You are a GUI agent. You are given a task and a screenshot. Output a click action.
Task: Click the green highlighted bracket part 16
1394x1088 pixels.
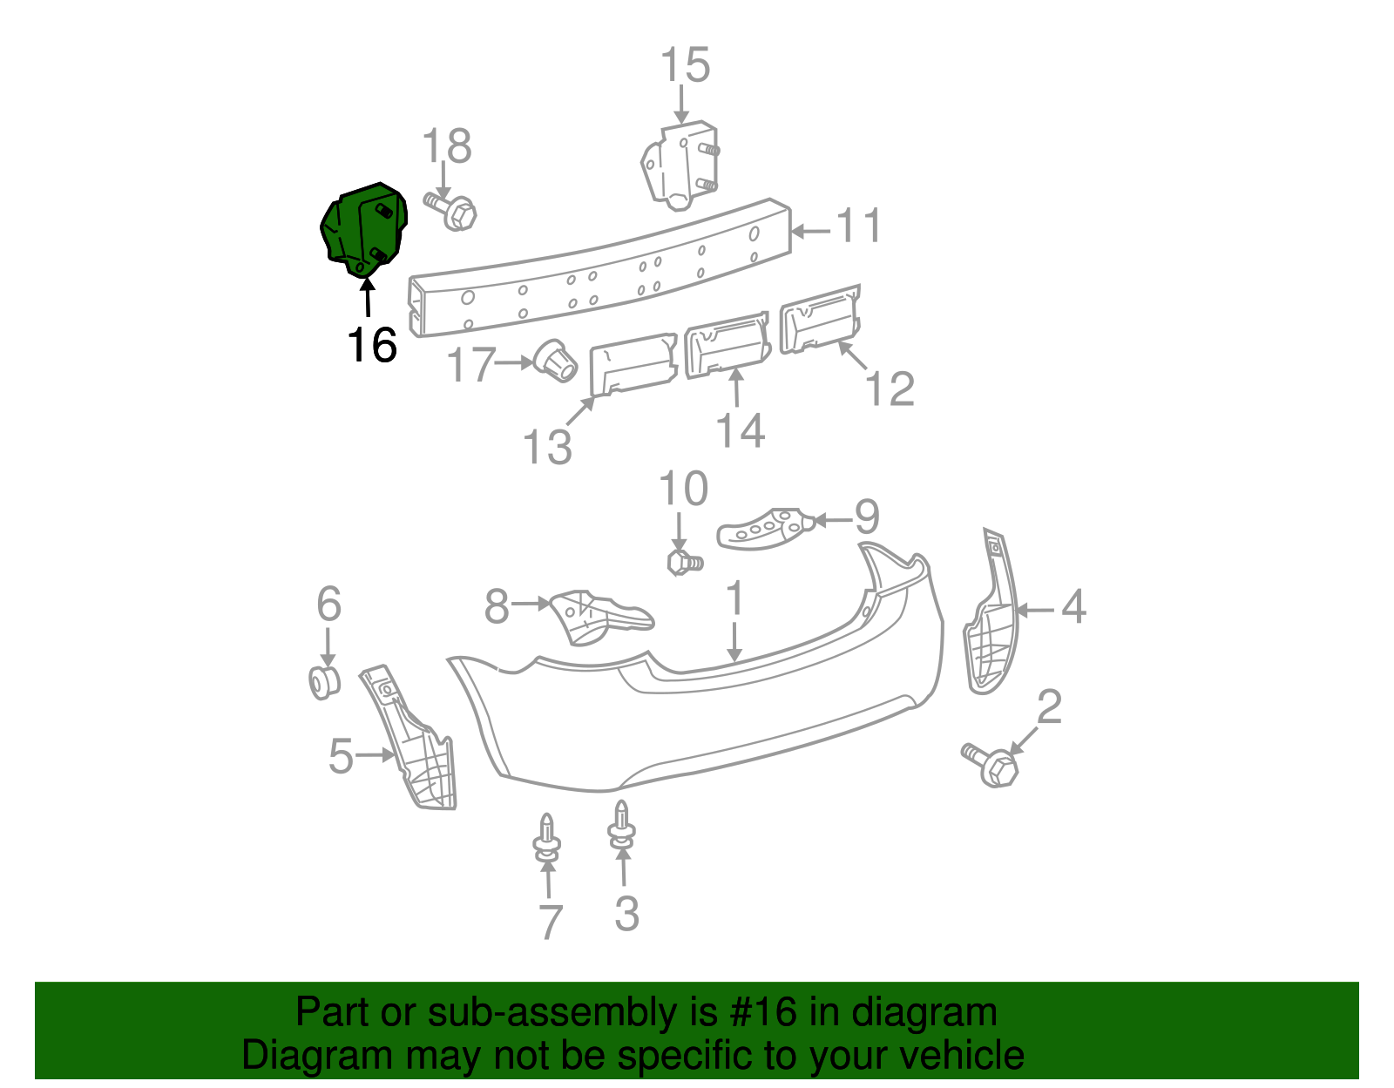[364, 231]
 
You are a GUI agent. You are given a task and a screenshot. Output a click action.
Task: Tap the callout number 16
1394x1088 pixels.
[372, 346]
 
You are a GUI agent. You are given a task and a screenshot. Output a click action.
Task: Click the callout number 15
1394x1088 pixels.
[685, 66]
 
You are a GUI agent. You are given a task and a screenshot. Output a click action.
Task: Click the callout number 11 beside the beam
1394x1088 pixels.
[859, 226]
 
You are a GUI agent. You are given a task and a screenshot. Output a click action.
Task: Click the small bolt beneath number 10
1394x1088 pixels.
[684, 563]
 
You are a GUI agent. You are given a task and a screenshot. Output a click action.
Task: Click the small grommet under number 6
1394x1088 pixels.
[324, 682]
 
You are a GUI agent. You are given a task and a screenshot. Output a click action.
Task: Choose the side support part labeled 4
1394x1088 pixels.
[991, 623]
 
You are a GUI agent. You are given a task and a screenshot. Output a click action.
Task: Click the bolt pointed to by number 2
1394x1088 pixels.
[992, 765]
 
